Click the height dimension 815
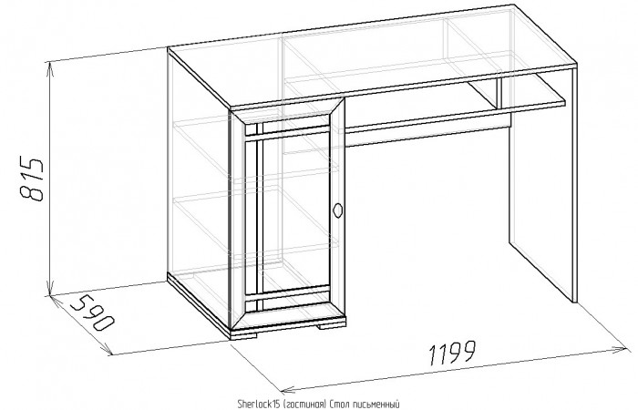pyautogui.click(x=31, y=179)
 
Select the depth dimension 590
pyautogui.click(x=92, y=312)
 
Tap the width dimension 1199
pyautogui.click(x=452, y=353)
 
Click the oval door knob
pyautogui.click(x=337, y=210)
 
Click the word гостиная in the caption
pyautogui.click(x=304, y=405)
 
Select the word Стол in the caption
pyautogui.click(x=338, y=405)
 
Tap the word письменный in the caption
pyautogui.click(x=374, y=405)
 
